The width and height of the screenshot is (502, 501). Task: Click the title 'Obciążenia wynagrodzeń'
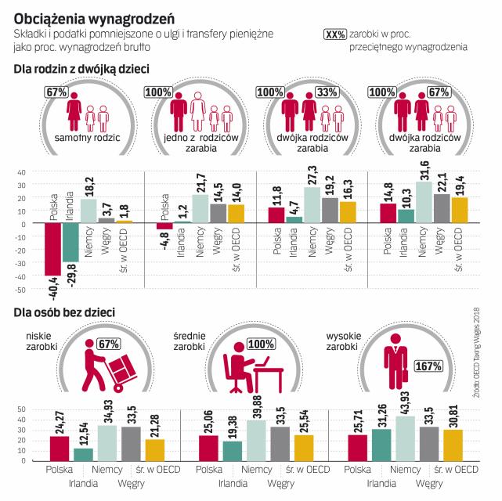point(95,15)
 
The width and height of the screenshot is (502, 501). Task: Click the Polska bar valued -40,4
point(53,250)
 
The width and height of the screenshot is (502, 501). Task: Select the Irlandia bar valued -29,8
point(70,243)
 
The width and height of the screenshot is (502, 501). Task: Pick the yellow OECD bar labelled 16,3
point(349,212)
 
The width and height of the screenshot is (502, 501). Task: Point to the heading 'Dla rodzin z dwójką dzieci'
point(81,69)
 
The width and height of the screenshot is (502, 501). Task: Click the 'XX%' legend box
point(334,35)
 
